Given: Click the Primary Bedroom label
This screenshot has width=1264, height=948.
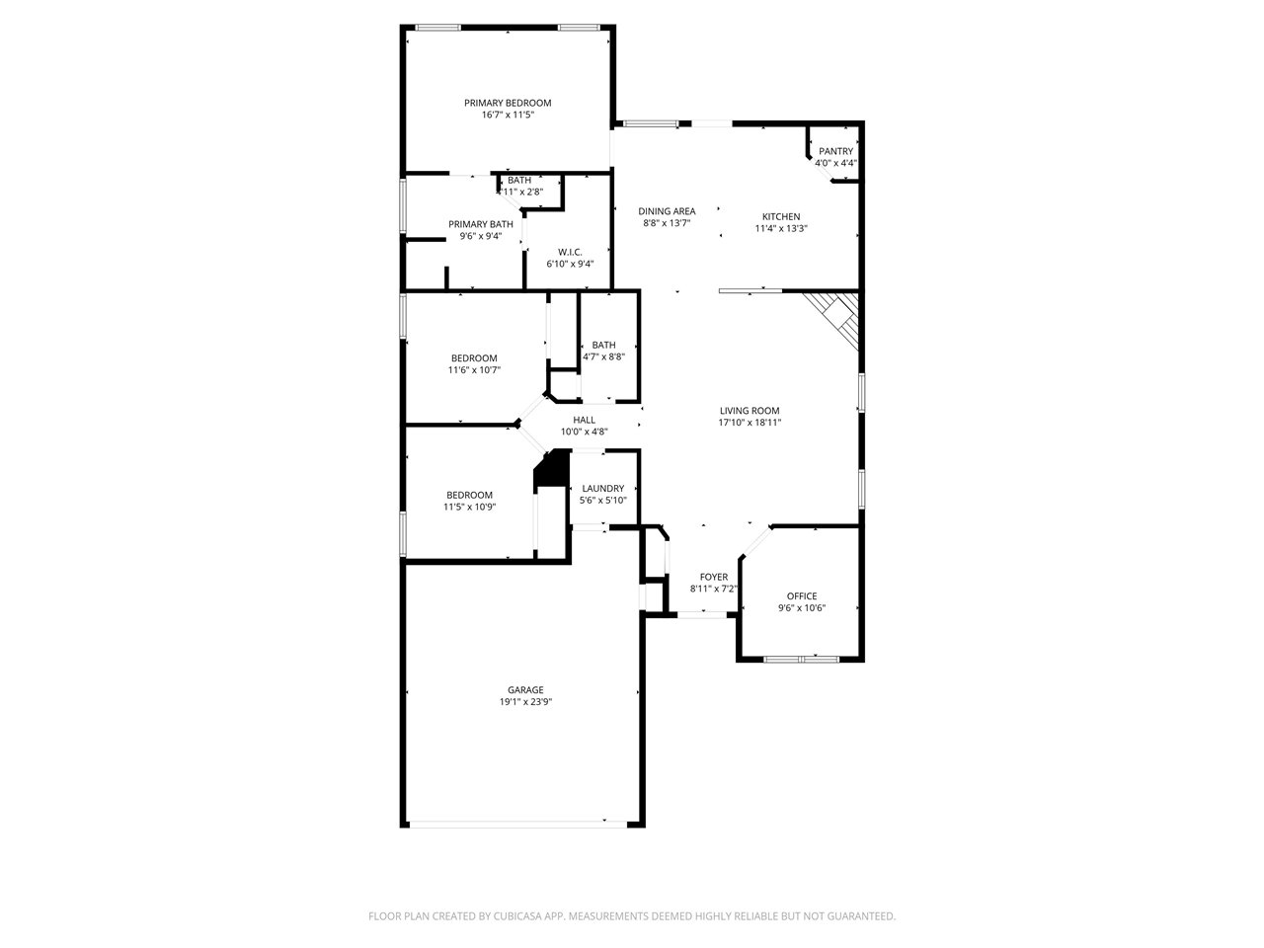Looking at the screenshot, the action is pyautogui.click(x=508, y=103).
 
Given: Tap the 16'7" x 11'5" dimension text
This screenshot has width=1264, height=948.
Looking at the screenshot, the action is pyautogui.click(x=508, y=116).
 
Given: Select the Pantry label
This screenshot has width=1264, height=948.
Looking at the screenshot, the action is pyautogui.click(x=835, y=151).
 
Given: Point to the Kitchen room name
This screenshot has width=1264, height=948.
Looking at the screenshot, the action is pyautogui.click(x=781, y=217).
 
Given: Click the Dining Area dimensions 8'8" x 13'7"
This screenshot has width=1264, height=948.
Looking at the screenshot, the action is pyautogui.click(x=667, y=223).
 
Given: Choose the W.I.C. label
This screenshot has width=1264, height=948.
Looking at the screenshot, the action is pyautogui.click(x=570, y=253).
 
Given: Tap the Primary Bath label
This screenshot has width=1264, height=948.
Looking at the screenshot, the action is pyautogui.click(x=480, y=224).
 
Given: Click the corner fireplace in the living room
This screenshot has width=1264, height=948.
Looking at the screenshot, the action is pyautogui.click(x=836, y=318).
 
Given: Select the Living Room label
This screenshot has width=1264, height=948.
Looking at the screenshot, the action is pyautogui.click(x=750, y=411).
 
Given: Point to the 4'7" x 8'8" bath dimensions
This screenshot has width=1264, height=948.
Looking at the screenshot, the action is pyautogui.click(x=603, y=356).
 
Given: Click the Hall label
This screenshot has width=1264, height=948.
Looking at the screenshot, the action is pyautogui.click(x=584, y=421).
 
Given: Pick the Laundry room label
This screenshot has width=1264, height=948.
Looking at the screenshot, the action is pyautogui.click(x=603, y=489).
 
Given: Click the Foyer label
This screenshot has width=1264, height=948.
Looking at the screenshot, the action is pyautogui.click(x=714, y=578).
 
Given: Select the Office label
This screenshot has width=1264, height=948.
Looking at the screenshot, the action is pyautogui.click(x=802, y=596).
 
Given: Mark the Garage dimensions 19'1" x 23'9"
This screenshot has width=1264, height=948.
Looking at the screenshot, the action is pyautogui.click(x=525, y=702).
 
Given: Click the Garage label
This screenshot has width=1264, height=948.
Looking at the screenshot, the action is pyautogui.click(x=525, y=690).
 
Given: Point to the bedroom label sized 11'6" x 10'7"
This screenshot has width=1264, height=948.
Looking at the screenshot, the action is pyautogui.click(x=474, y=358).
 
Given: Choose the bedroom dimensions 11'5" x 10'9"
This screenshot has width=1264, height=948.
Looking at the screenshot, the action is pyautogui.click(x=469, y=508).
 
